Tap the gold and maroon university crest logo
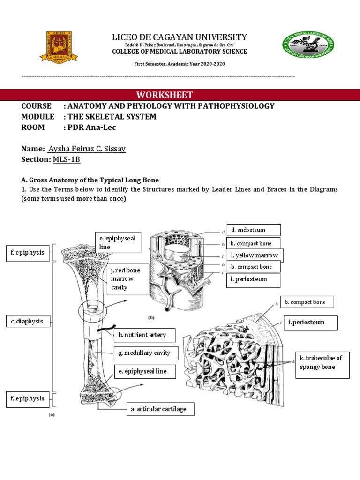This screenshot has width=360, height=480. coord(59,47)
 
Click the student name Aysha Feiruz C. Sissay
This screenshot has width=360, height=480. coord(87,149)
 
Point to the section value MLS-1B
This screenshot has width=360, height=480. coord(66,159)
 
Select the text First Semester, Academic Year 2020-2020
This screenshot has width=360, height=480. coord(180,64)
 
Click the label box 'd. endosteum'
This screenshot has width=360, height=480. coord(254,230)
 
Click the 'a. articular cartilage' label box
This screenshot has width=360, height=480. coord(160,409)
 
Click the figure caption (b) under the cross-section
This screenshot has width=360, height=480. coord(151,317)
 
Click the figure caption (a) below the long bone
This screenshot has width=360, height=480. coord(52,415)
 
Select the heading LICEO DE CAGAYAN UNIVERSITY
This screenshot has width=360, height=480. coord(180,37)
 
